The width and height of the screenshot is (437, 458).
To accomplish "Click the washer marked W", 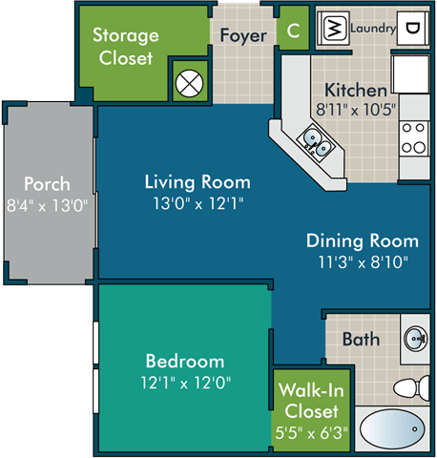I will pyautogui.click(x=335, y=28).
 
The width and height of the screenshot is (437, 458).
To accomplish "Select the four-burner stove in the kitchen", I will pyautogui.click(x=415, y=138).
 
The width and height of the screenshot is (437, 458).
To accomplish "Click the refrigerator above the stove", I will pyautogui.click(x=415, y=81).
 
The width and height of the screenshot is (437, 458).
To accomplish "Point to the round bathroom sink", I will pyautogui.click(x=416, y=339).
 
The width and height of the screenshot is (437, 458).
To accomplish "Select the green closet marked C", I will pyautogui.click(x=292, y=30).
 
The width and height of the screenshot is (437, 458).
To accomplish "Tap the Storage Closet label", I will pyautogui.click(x=124, y=47).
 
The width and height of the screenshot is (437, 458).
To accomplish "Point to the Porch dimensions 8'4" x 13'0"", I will pyautogui.click(x=48, y=203).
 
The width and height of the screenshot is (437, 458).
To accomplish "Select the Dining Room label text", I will pyautogui.click(x=362, y=240).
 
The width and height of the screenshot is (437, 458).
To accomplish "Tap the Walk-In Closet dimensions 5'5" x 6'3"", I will pyautogui.click(x=311, y=432).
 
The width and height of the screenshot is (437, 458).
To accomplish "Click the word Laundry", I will pyautogui.click(x=372, y=29).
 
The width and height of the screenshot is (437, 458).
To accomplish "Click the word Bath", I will pyautogui.click(x=361, y=339).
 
